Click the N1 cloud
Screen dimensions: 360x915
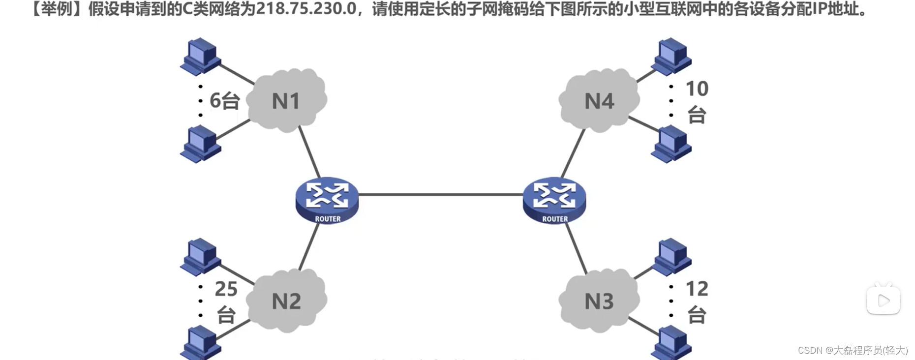coord(286,101)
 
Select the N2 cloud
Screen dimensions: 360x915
coord(286,300)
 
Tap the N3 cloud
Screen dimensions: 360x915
coord(599,300)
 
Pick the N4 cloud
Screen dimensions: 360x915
coord(599,101)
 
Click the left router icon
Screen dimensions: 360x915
coord(327,200)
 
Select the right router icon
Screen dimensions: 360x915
coord(554,200)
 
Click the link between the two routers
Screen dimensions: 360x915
coord(440,195)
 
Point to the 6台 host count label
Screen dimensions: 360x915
coord(224,101)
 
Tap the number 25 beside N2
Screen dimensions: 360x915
coord(226,289)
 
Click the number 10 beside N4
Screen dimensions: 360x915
coord(697,89)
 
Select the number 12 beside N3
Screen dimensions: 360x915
coord(697,289)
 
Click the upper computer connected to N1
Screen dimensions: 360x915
coord(200,56)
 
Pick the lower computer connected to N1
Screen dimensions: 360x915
coord(200,144)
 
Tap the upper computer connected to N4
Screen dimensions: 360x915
coord(671,56)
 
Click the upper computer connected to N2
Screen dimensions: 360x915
coord(200,256)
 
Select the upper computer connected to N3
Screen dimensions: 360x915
coord(671,256)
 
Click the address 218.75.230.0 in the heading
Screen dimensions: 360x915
coord(306,9)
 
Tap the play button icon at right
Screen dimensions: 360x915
coord(883,300)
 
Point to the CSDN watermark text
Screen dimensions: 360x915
coord(853,350)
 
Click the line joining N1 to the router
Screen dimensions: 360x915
coord(309,151)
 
